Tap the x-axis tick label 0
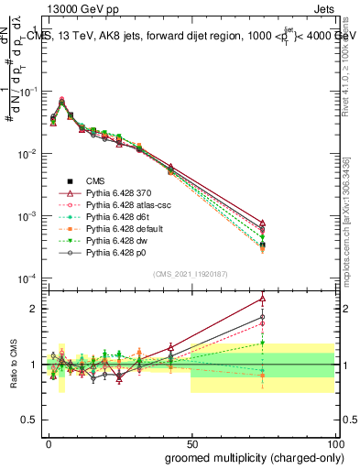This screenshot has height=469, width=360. click(x=49, y=442)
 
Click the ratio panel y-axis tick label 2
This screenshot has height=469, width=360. click(x=36, y=309)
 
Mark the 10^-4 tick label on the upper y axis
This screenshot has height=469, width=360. click(x=26, y=278)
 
